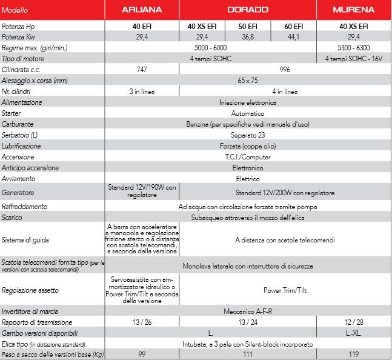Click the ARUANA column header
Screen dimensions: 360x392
tap(142, 10)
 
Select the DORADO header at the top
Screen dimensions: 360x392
tap(248, 10)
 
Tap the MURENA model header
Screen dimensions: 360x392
tap(354, 10)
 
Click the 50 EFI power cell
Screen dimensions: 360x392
tap(248, 27)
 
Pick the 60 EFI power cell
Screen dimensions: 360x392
tap(293, 27)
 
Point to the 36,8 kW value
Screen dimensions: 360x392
tap(248, 37)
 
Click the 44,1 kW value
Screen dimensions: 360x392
tap(293, 37)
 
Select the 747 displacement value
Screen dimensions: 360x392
tap(142, 70)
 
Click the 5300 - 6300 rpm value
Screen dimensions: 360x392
tap(354, 48)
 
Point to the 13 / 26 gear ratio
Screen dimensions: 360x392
tap(142, 322)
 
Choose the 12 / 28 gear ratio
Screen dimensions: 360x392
tap(354, 322)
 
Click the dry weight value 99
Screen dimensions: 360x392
tap(142, 354)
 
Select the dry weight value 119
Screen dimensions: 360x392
tap(354, 354)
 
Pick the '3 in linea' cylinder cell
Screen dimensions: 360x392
tap(142, 92)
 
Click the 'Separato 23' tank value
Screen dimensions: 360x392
tap(248, 135)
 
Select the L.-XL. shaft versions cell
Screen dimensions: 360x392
tap(354, 333)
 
